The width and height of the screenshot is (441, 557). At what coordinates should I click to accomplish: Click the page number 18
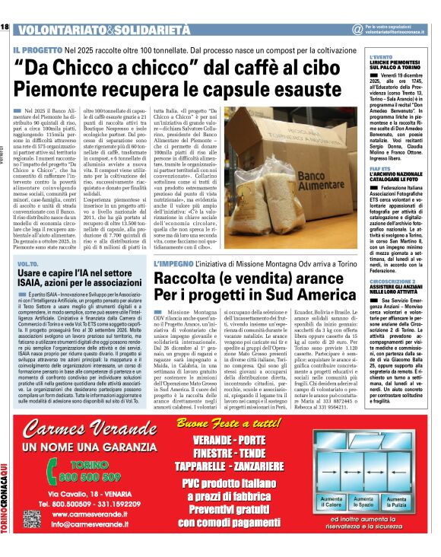(x=5, y=27)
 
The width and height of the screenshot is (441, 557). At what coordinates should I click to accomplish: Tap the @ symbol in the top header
(x=357, y=29)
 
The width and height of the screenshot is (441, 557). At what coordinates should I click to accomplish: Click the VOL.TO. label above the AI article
(x=28, y=263)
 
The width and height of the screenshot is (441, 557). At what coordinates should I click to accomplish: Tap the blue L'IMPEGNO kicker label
(x=176, y=262)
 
